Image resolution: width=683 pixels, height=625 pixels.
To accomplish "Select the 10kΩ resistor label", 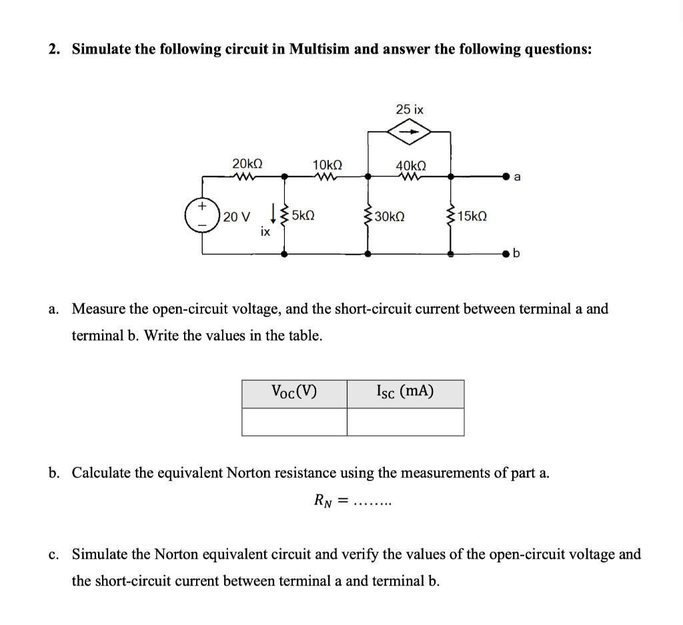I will pos(327,164).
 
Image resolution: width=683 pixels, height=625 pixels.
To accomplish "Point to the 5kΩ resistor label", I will pos(303,216).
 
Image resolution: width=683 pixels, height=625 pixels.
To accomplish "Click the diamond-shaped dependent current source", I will pos(410,132).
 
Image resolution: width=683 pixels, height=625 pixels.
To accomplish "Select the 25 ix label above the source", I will pos(410,109).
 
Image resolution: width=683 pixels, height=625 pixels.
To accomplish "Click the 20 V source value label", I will pos(237,217).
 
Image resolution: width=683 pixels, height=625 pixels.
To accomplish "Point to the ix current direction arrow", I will pos(273,215).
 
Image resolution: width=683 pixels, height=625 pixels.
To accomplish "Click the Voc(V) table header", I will pos(294,392).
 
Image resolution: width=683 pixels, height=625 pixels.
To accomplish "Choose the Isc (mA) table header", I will pos(405,392).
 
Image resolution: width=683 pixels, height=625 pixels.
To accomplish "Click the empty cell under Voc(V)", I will pos(294,422).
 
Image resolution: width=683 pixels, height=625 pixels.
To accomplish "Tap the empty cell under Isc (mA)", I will pos(405,422).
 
